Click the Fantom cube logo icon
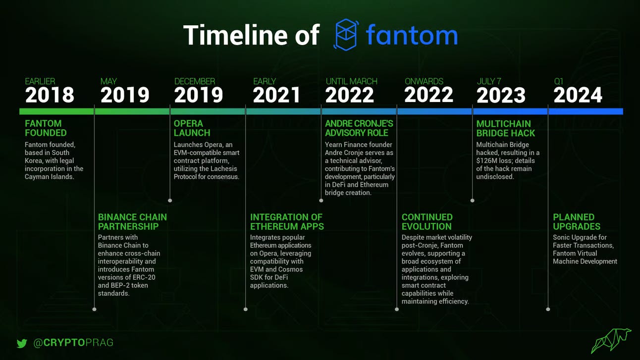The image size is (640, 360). click(346, 35)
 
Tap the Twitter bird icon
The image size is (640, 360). click(21, 343)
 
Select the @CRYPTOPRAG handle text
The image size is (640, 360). click(73, 343)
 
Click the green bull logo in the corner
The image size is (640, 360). click(611, 340)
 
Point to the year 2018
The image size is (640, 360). click(50, 95)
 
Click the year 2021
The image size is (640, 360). click(276, 95)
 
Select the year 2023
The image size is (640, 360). click(501, 95)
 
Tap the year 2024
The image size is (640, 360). click(578, 95)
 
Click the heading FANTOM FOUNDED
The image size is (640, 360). click(46, 128)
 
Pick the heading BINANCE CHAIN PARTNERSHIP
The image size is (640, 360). click(132, 222)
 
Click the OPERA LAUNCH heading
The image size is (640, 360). click(192, 128)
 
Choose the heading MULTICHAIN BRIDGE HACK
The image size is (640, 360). click(506, 128)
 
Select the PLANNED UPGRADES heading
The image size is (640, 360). click(577, 222)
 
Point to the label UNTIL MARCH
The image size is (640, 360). click(351, 81)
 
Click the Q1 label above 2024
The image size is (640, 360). click(558, 81)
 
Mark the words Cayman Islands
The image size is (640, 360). click(49, 176)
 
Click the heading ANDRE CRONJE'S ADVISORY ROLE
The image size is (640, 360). click(359, 128)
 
